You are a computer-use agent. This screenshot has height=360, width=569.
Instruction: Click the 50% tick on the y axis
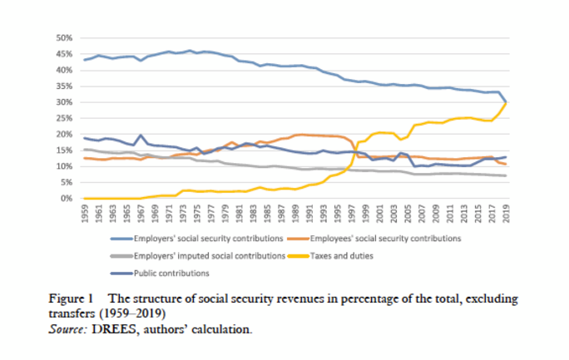click(65, 38)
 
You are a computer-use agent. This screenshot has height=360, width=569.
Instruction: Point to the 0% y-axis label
click(67, 199)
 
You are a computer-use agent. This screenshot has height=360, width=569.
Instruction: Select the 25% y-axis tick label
click(65, 118)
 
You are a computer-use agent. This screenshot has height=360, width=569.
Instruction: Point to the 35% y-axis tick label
click(65, 86)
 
